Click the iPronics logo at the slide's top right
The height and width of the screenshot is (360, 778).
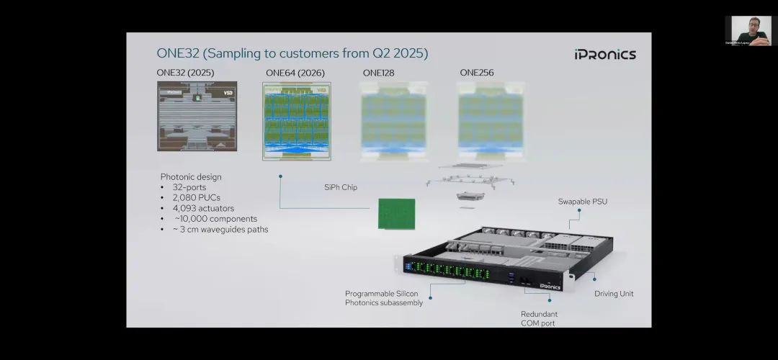click(605, 54)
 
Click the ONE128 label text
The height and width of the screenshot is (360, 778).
click(378, 73)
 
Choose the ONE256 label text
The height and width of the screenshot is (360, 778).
click(476, 73)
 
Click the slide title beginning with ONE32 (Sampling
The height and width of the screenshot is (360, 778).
click(292, 53)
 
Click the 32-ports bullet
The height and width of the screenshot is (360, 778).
click(189, 187)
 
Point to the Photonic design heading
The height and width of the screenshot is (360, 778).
click(191, 176)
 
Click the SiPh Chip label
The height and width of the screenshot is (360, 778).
click(340, 187)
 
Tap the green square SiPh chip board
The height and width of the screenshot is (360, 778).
click(397, 214)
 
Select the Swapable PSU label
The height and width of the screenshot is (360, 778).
click(582, 202)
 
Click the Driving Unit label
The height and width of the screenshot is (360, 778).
click(614, 294)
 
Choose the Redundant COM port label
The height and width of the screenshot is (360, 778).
click(539, 319)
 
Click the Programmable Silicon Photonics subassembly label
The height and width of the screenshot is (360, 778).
click(384, 298)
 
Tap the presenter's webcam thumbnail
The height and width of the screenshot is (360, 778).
click(748, 31)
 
